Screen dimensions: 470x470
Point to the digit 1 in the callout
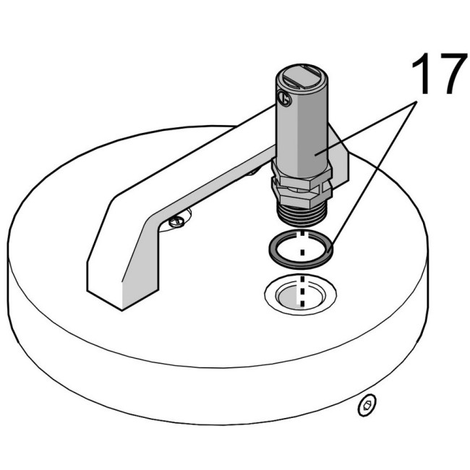click(x=422, y=74)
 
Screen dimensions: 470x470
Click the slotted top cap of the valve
click(x=302, y=78)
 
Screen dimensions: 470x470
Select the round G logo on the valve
click(x=284, y=98)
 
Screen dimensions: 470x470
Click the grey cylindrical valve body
click(x=302, y=126)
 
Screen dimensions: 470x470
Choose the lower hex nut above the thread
click(x=302, y=195)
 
